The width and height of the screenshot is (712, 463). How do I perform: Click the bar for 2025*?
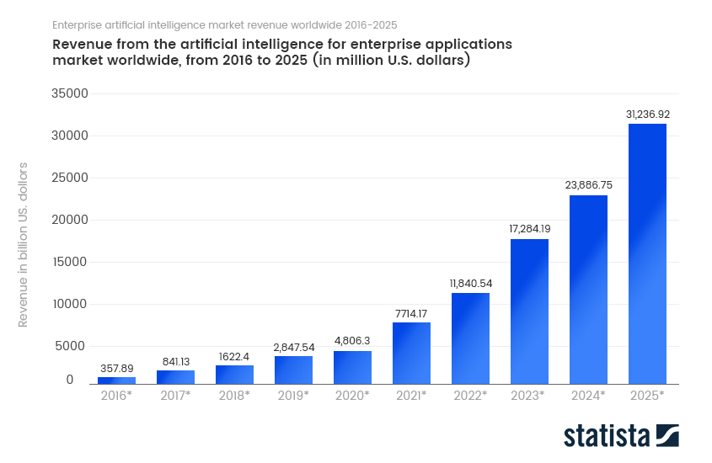pyautogui.click(x=647, y=253)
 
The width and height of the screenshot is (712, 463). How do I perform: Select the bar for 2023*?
pyautogui.click(x=529, y=311)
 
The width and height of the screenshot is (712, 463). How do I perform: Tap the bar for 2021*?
pyautogui.click(x=411, y=353)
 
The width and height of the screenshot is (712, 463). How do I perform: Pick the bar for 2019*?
pyautogui.click(x=293, y=370)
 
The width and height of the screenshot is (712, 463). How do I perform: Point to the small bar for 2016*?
pyautogui.click(x=116, y=381)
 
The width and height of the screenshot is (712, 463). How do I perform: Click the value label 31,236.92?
pyautogui.click(x=647, y=114)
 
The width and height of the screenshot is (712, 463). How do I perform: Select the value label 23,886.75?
pyautogui.click(x=588, y=184)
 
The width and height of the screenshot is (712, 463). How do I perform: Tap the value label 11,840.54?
pyautogui.click(x=470, y=283)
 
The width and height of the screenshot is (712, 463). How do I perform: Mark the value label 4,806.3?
pyautogui.click(x=352, y=340)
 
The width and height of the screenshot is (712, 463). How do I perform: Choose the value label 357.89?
pyautogui.click(x=116, y=368)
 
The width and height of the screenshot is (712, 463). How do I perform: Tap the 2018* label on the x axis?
pyautogui.click(x=234, y=395)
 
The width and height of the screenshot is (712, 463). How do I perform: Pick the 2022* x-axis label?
pyautogui.click(x=470, y=395)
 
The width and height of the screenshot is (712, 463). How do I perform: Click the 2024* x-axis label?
pyautogui.click(x=588, y=395)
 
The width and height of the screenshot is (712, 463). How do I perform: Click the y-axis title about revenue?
pyautogui.click(x=24, y=244)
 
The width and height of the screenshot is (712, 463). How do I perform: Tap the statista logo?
pyautogui.click(x=621, y=435)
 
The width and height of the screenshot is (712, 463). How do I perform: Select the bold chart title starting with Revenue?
pyautogui.click(x=282, y=52)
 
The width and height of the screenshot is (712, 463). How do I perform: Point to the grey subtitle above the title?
pyautogui.click(x=224, y=24)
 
